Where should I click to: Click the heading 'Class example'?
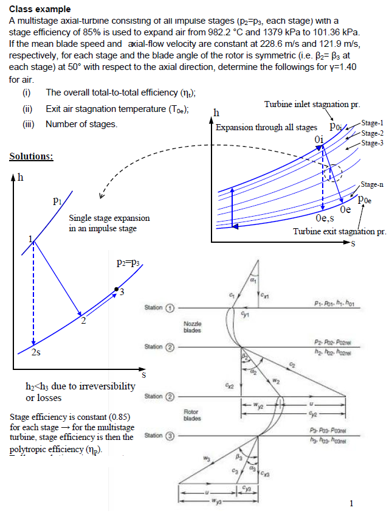40,9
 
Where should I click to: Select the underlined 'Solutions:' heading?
31,156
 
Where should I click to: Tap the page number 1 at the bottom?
352,503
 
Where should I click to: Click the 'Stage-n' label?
373,184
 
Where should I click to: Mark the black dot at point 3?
115,289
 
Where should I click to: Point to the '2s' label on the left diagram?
28,355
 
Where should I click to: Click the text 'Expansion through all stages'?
266,127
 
